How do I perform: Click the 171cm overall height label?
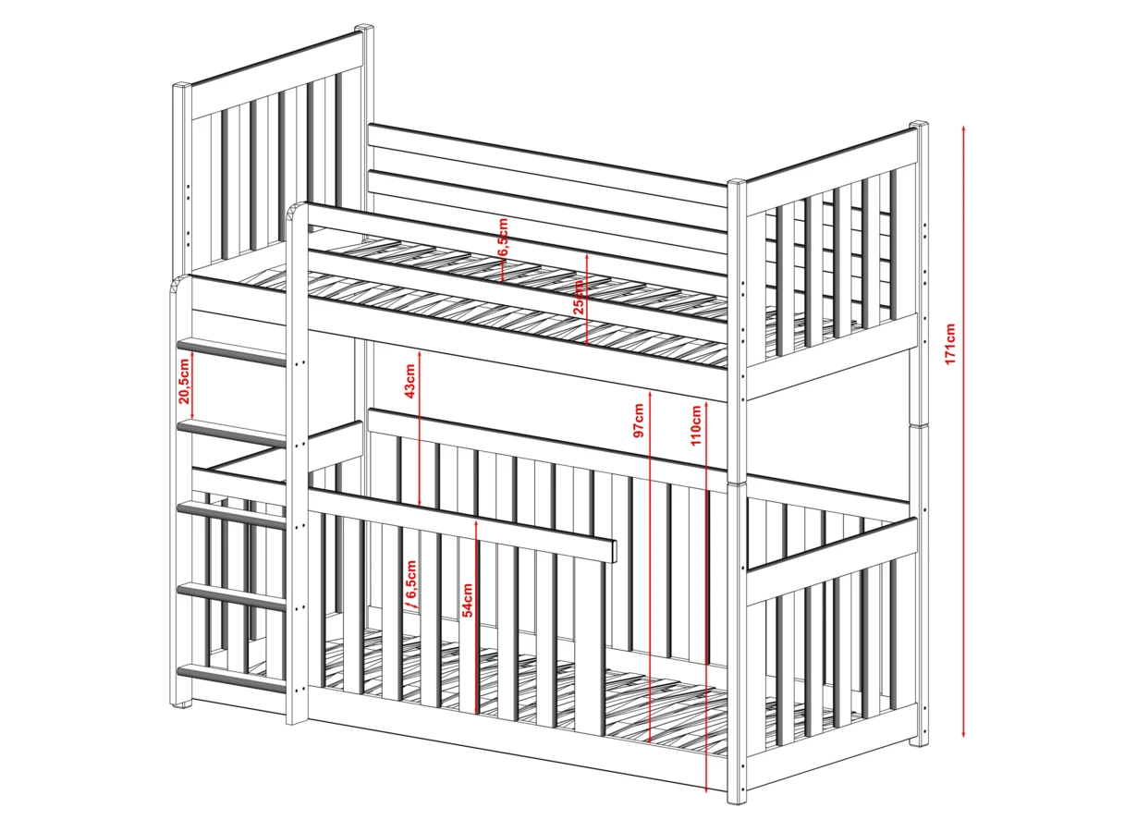[950, 343]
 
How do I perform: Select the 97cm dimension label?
[639, 421]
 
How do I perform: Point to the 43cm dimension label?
[410, 380]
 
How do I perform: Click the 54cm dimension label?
[468, 600]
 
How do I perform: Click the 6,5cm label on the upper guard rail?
[503, 238]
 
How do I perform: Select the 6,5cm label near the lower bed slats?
[411, 580]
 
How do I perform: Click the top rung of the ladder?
[231, 353]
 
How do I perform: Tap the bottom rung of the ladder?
[231, 679]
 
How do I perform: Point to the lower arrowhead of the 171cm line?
[963, 735]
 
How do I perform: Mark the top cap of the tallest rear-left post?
[364, 28]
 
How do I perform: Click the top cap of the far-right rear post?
[918, 126]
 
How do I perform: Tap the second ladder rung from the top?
[231, 434]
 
